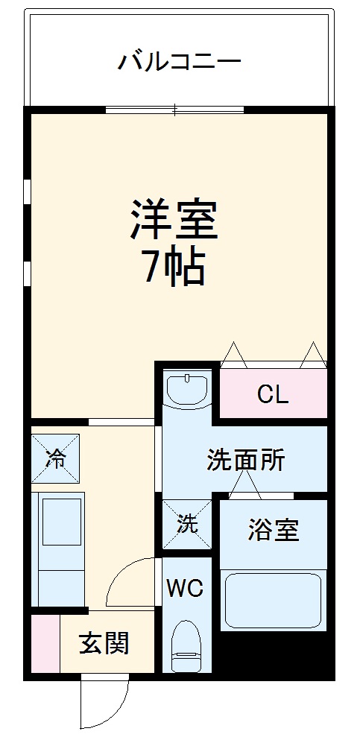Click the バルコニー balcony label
point(179,60)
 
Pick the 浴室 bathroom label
point(274,531)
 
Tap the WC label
point(184,589)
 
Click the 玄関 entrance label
point(104,642)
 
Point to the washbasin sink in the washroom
point(188,389)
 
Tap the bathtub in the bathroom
point(274,600)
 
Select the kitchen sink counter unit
point(59,548)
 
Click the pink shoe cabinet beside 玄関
point(44,643)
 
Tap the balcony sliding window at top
point(174,110)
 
